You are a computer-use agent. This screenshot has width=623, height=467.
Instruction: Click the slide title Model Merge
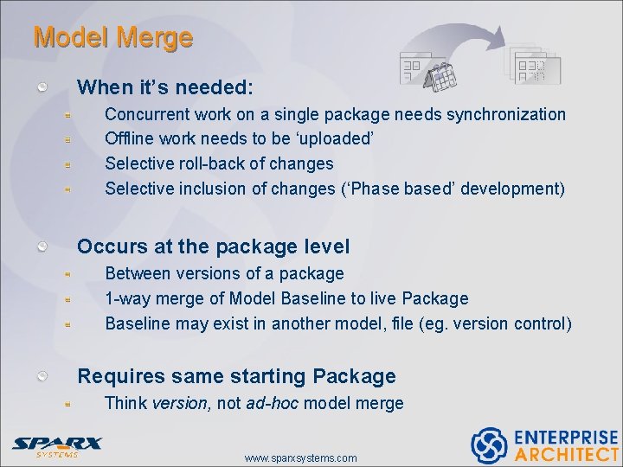tap(112, 38)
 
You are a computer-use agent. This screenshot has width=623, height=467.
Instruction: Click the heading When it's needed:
tap(165, 87)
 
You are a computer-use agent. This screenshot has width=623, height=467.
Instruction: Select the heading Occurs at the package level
tap(213, 246)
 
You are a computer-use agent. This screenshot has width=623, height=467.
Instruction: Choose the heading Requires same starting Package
tap(236, 376)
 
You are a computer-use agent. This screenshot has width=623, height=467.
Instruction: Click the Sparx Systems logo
tap(56, 445)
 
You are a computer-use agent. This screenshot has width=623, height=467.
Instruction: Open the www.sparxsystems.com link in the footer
tap(300, 457)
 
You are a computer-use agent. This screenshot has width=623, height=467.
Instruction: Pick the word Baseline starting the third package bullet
tap(138, 323)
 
